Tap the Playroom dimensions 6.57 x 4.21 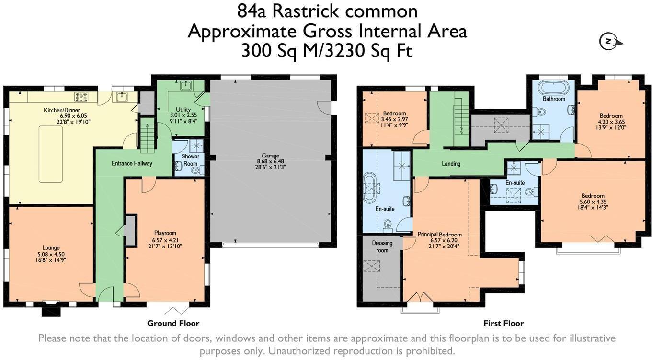pos(165,240)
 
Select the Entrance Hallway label pos(132,163)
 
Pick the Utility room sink pos(186,86)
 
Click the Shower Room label pos(190,160)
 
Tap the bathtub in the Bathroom pos(554,88)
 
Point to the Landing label pos(451,164)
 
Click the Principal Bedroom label pos(439,235)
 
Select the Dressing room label pos(382,247)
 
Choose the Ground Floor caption pos(173,323)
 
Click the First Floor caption pos(504,323)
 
